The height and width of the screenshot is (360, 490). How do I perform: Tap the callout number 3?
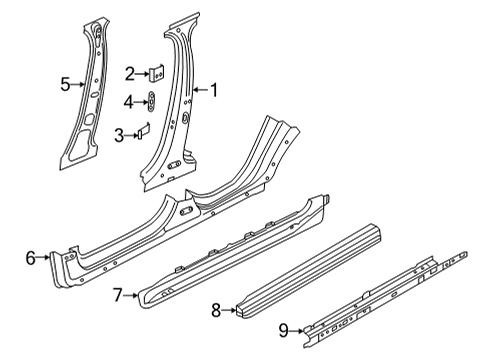[x=119, y=134]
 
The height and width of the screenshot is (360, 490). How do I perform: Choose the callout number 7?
[x=117, y=295]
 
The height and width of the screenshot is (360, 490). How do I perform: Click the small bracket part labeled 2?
[x=156, y=72]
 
